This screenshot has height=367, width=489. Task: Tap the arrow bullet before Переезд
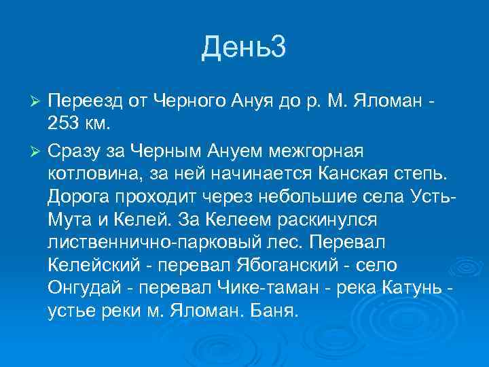click(38, 101)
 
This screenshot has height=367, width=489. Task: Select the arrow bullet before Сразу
click(38, 150)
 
